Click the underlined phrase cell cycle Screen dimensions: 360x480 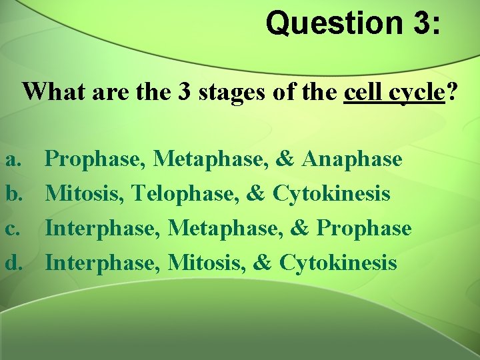tap(394, 91)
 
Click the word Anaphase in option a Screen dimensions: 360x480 tap(352, 159)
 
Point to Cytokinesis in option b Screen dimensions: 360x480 tap(331, 194)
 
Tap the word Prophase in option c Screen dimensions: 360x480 tap(364, 228)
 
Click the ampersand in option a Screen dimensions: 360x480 tap(285, 159)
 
